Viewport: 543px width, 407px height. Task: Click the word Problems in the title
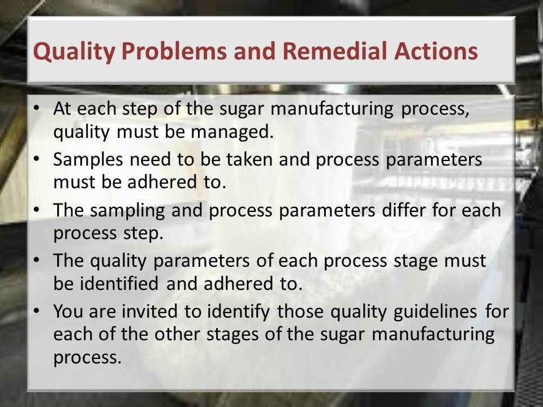tap(174, 51)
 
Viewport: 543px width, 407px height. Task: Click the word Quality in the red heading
tap(74, 52)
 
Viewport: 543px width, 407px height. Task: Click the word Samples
tap(88, 160)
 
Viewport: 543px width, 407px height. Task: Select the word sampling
tap(127, 211)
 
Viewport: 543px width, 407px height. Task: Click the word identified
tap(119, 283)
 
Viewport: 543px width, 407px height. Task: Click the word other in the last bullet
tap(177, 334)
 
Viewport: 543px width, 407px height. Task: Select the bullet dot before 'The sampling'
tap(37, 210)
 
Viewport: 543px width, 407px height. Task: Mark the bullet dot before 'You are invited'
tap(37, 311)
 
